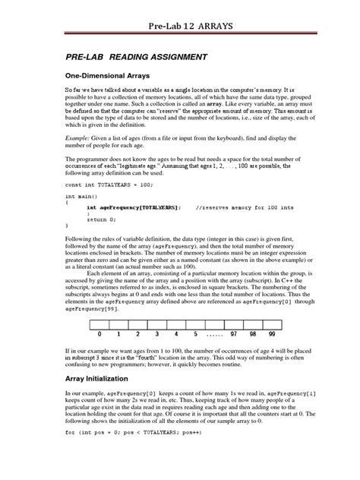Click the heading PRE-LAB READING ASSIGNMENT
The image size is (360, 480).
click(137, 57)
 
